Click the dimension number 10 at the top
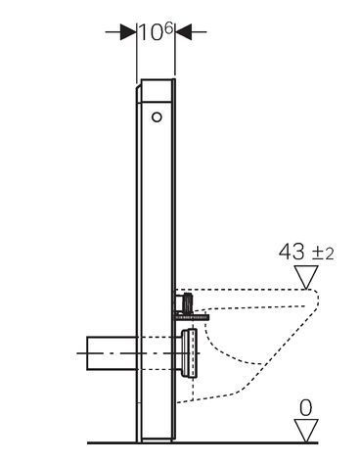(151, 33)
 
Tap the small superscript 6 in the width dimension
(168, 28)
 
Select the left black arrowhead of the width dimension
(128, 32)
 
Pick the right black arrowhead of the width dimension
(184, 32)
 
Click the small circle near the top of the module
(157, 116)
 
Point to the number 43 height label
(292, 253)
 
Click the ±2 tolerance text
(322, 254)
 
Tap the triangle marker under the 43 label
(306, 277)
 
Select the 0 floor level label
(306, 408)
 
